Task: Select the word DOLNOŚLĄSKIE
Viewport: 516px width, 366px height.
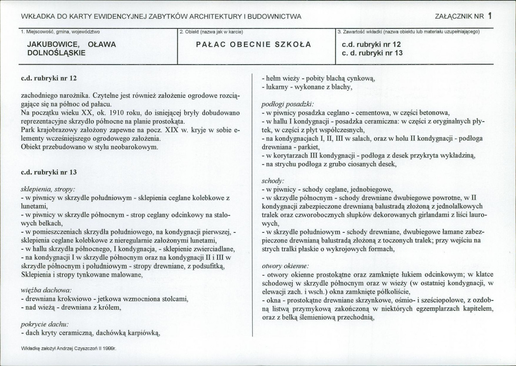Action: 56,53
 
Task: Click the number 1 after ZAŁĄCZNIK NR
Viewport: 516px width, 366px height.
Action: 490,16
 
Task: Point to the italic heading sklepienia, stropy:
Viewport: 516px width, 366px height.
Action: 48,188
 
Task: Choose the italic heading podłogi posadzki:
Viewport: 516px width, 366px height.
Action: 288,103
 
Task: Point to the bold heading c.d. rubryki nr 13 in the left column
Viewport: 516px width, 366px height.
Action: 49,172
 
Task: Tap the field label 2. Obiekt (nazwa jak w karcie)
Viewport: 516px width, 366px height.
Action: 211,31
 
